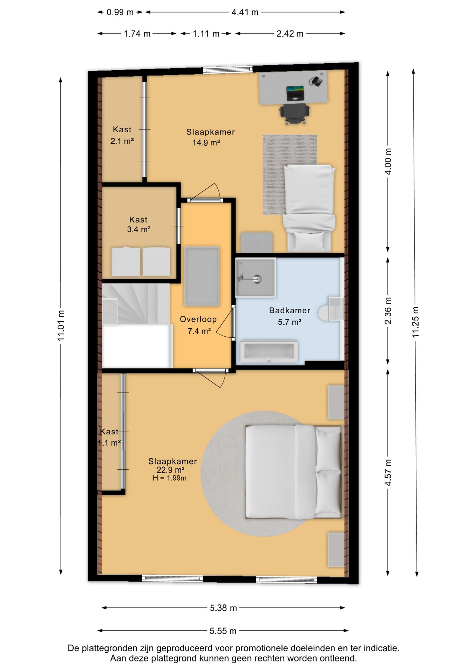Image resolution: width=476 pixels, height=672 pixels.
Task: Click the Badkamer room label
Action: coord(290,310)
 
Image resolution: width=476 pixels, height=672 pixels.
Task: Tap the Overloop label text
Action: coord(198,319)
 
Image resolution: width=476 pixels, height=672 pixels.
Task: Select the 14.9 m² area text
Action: coord(206,142)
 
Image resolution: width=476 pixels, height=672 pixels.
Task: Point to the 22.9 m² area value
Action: coord(171,470)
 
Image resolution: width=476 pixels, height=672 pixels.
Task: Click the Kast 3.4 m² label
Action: coord(138,224)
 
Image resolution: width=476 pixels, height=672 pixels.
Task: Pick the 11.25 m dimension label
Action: coord(416,322)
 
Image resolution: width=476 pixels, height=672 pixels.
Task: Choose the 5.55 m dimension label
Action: coord(223,631)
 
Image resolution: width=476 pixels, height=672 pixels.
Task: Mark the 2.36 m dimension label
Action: coord(388,311)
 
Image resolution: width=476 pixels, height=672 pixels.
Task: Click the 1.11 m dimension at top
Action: coord(206,34)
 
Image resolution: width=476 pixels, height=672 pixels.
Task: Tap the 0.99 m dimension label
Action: coord(120,12)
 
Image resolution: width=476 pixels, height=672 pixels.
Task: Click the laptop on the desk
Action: coord(295,93)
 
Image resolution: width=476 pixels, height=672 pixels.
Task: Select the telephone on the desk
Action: coord(316,81)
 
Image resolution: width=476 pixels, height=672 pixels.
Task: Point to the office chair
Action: coord(294,113)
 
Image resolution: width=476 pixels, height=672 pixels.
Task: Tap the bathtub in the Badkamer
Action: coord(269,351)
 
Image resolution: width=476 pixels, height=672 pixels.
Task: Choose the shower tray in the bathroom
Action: coord(255,277)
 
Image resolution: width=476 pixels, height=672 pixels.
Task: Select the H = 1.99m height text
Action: coord(170,478)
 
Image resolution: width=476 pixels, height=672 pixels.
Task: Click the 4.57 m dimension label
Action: coord(388,472)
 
